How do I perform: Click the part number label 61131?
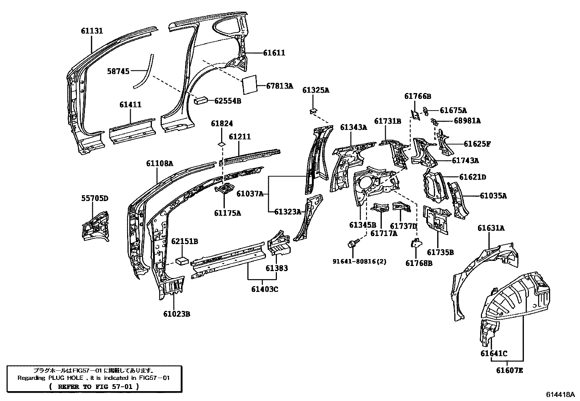pyautogui.click(x=92, y=31)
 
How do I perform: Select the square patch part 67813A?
pyautogui.click(x=250, y=86)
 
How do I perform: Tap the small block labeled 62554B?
pyautogui.click(x=201, y=100)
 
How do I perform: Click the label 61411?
pyautogui.click(x=130, y=105)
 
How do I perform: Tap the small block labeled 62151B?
pyautogui.click(x=182, y=260)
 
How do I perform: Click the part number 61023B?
pyautogui.click(x=177, y=314)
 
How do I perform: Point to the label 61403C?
pyautogui.click(x=264, y=289)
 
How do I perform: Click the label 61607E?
pyautogui.click(x=509, y=370)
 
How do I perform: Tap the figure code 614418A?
pyautogui.click(x=560, y=394)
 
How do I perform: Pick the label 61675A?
pyautogui.click(x=453, y=110)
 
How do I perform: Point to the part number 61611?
pyautogui.click(x=274, y=53)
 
